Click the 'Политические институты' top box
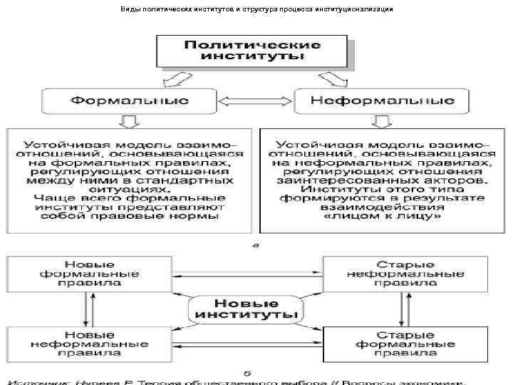pyautogui.click(x=253, y=51)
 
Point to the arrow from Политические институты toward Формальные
pyautogui.click(x=175, y=78)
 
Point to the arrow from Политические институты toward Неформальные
pyautogui.click(x=335, y=78)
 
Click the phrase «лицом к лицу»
pyautogui.click(x=382, y=213)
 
